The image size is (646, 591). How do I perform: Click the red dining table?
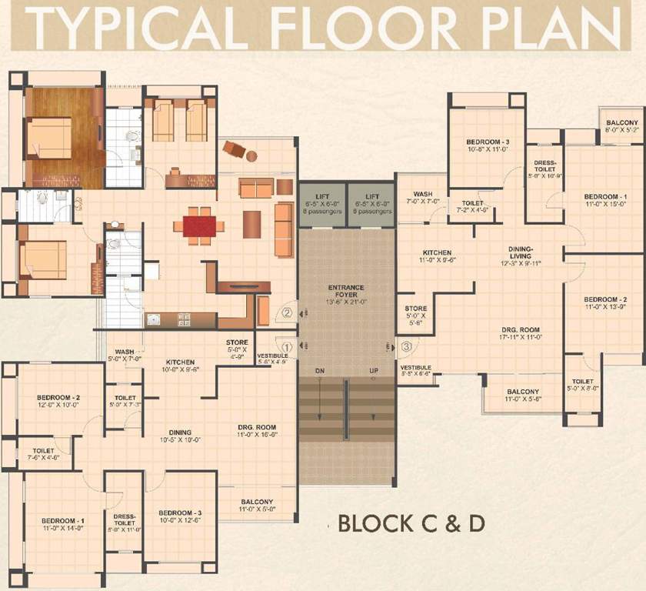(x=199, y=226)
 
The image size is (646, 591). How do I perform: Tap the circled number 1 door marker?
(x=287, y=347)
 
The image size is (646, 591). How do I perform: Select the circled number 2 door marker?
(x=287, y=313)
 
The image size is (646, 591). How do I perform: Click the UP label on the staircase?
(x=374, y=372)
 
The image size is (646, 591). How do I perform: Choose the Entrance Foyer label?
(x=346, y=292)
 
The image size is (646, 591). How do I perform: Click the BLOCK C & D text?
(x=411, y=523)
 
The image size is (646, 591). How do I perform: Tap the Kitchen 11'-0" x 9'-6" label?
(x=436, y=257)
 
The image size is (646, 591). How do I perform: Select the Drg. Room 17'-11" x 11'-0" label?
(x=520, y=332)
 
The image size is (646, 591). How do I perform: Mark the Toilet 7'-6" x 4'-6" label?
(x=42, y=454)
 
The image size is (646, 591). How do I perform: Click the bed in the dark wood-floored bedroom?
(x=48, y=138)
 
